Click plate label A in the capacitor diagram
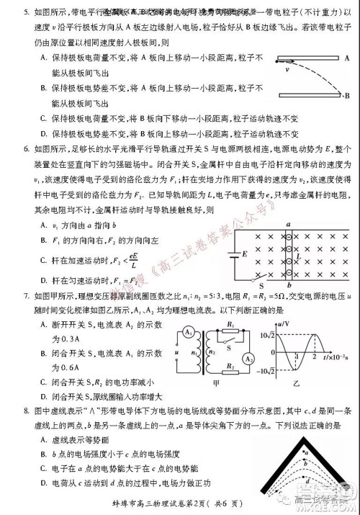tap(347, 58)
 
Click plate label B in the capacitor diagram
tap(347, 94)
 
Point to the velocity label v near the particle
tap(287, 71)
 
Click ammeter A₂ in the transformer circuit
tap(247, 359)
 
